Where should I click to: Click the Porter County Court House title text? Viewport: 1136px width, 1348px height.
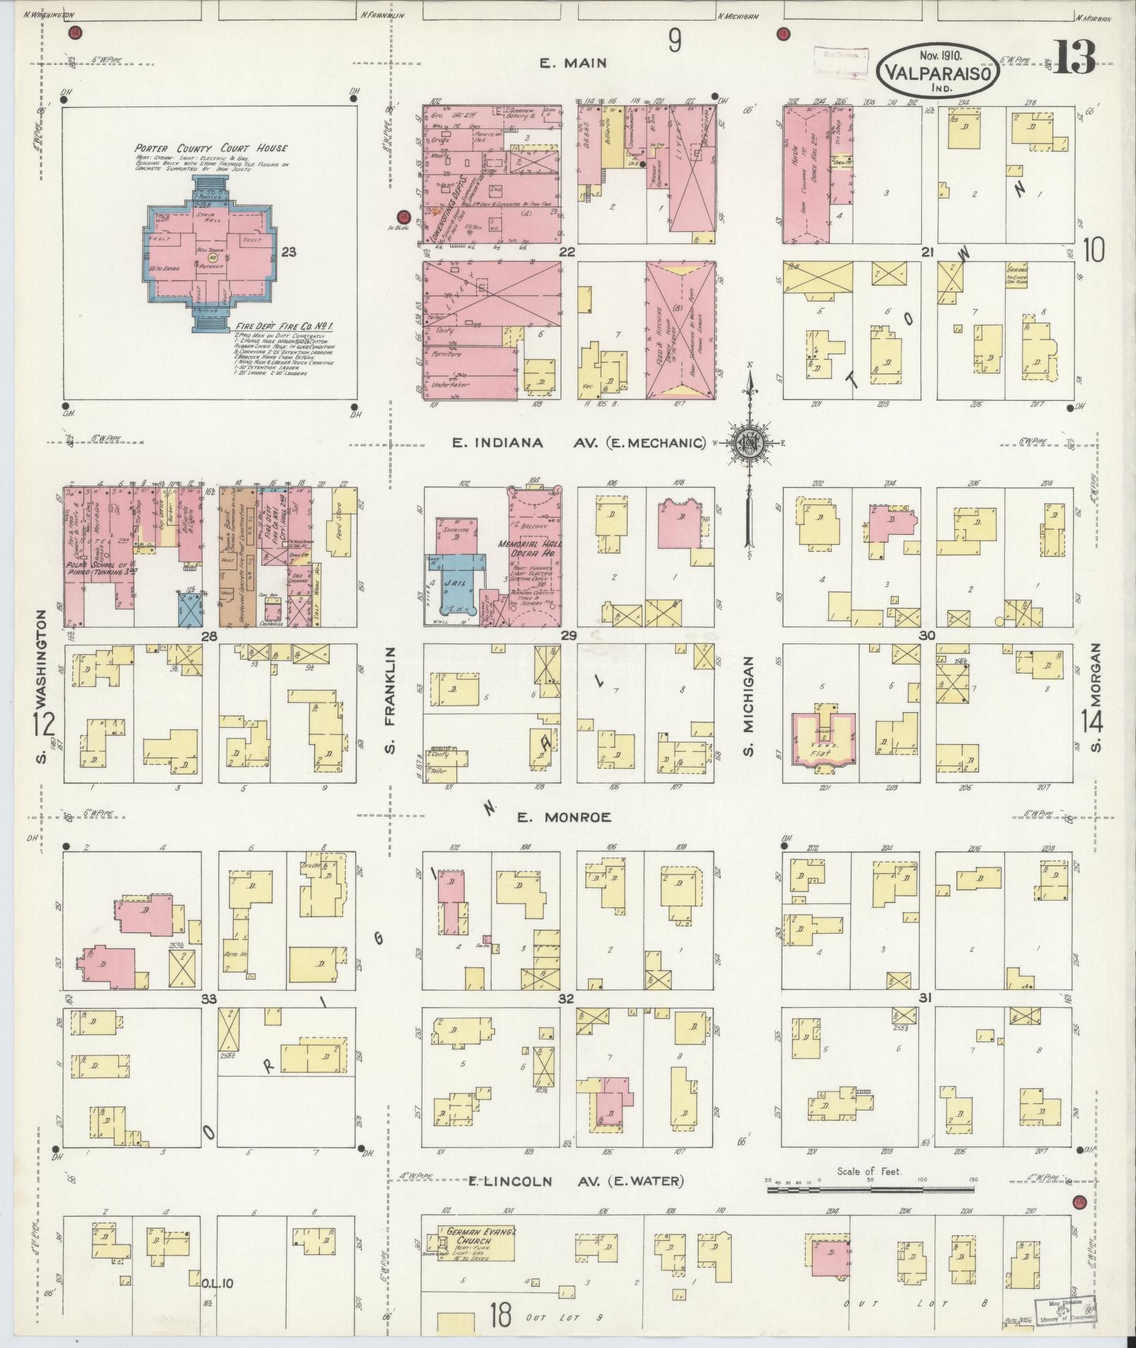point(211,148)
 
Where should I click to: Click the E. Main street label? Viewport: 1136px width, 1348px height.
point(573,63)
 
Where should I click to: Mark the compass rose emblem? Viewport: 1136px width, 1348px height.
point(749,443)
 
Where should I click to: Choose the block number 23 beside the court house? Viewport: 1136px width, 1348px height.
point(288,251)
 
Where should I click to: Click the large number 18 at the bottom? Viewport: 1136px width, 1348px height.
point(500,1315)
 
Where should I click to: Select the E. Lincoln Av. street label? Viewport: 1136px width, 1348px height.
point(576,1182)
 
